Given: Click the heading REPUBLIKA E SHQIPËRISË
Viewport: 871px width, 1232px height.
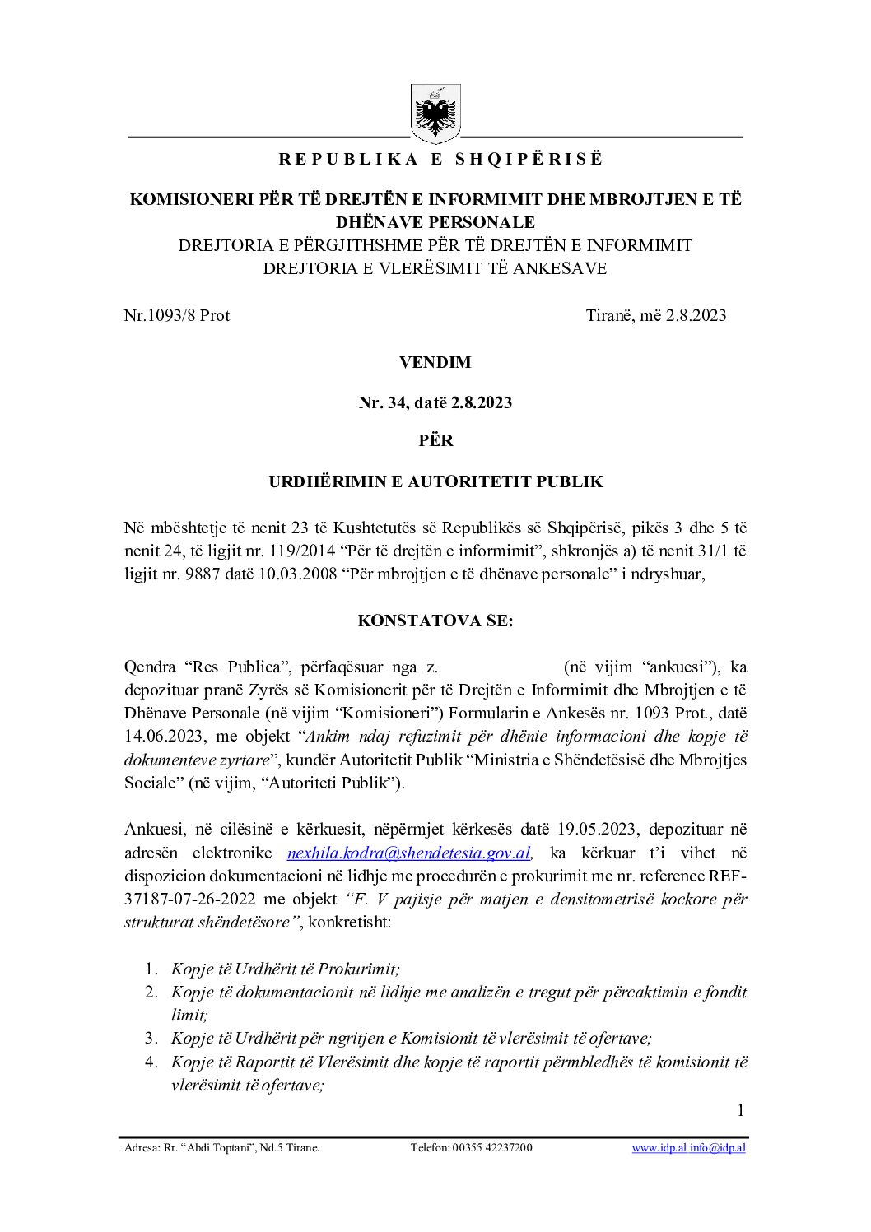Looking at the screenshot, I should click(x=440, y=160).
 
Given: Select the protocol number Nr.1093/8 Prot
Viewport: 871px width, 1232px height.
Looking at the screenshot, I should click(x=177, y=315).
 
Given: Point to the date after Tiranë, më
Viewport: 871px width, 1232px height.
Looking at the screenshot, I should click(x=693, y=315).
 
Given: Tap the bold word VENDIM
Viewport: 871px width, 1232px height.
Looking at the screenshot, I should click(x=435, y=362).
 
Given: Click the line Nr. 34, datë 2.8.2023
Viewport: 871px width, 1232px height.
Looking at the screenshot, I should click(x=435, y=402).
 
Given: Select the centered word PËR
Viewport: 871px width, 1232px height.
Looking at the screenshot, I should click(x=435, y=440).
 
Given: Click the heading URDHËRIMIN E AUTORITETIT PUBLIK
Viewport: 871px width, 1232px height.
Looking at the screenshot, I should click(x=435, y=481).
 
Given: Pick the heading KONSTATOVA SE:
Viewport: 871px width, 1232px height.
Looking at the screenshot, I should click(x=435, y=621).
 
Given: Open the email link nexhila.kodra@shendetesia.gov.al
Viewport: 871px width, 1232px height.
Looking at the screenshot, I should click(x=408, y=853).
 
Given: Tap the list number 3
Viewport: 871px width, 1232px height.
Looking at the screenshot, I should click(x=151, y=1039).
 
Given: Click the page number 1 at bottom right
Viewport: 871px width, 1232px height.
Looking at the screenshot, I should click(x=740, y=1110).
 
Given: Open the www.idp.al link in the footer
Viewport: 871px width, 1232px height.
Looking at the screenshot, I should click(x=659, y=1147).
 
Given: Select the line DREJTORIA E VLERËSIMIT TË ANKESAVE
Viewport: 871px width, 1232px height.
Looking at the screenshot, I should click(x=435, y=268).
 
